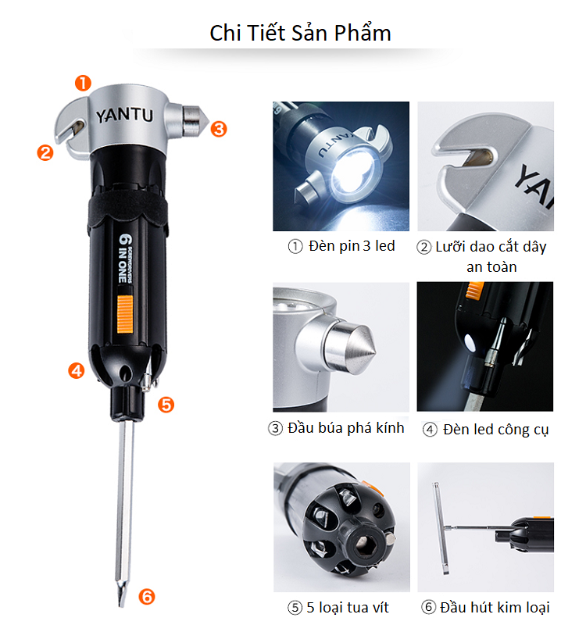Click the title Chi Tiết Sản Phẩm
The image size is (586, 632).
click(x=300, y=33)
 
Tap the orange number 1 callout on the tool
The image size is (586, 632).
click(x=83, y=83)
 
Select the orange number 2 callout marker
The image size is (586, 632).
click(x=45, y=153)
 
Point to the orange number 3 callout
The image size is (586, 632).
click(x=219, y=129)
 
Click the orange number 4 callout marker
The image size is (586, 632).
click(x=77, y=370)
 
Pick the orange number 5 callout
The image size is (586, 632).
click(x=166, y=405)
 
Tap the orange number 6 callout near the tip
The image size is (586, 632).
click(x=147, y=597)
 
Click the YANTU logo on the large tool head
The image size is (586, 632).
click(x=124, y=115)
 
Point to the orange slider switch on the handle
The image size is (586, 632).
click(x=125, y=314)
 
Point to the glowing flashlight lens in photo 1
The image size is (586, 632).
click(x=352, y=173)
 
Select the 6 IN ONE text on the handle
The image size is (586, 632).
click(x=126, y=258)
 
